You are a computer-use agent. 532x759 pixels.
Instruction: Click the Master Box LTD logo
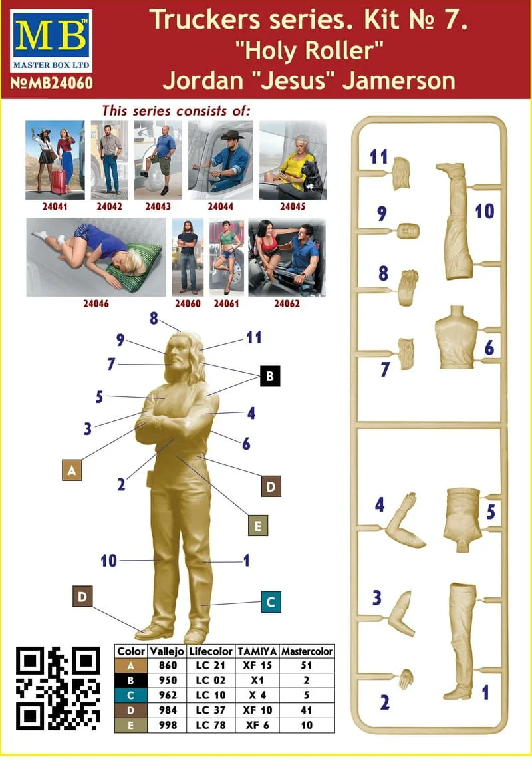[51, 41]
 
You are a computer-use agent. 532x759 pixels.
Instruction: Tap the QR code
[58, 688]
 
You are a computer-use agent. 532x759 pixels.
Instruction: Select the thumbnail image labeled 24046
[96, 257]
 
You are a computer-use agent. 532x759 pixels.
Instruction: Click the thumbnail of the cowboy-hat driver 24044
[220, 160]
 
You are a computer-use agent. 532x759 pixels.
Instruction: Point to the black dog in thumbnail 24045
[312, 175]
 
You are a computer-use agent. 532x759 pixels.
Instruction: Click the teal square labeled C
[271, 602]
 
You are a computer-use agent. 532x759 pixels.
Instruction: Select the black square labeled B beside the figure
[270, 376]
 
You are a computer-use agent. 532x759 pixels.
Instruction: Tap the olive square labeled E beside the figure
[257, 526]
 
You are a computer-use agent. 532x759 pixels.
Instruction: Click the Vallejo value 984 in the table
[168, 710]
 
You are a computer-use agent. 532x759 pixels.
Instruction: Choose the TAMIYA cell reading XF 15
[257, 665]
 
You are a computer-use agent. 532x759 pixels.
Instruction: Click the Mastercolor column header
[307, 651]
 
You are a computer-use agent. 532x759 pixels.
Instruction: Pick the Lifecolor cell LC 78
[211, 725]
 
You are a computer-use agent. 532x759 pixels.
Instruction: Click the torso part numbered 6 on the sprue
[456, 337]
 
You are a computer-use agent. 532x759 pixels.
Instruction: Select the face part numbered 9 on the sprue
[408, 231]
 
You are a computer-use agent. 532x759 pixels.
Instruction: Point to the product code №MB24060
[51, 82]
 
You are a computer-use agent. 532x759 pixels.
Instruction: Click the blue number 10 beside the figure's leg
[109, 561]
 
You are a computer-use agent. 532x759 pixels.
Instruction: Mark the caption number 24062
[287, 303]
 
